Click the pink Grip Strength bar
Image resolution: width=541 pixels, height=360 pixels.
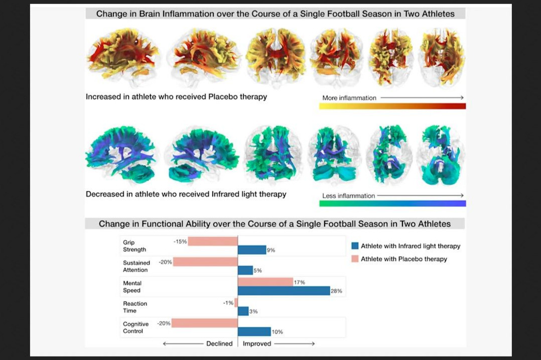pyautogui.click(x=213, y=242)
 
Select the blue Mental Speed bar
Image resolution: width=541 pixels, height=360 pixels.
pyautogui.click(x=284, y=291)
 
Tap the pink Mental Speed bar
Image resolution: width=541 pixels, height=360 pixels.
pyautogui.click(x=265, y=282)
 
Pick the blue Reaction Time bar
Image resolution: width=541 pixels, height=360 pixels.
pyautogui.click(x=243, y=311)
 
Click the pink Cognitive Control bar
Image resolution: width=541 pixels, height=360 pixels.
pyautogui.click(x=205, y=323)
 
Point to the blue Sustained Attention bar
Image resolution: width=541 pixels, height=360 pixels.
pyautogui.click(x=245, y=270)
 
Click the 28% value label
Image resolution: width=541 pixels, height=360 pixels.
pyautogui.click(x=336, y=291)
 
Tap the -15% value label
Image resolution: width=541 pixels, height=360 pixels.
pyautogui.click(x=180, y=242)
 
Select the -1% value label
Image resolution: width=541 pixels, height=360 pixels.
pyautogui.click(x=228, y=303)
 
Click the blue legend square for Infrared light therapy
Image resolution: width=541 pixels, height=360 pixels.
pyautogui.click(x=355, y=246)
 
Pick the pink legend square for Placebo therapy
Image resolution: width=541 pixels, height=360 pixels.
pyautogui.click(x=355, y=259)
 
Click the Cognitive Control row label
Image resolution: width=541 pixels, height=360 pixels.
pyautogui.click(x=136, y=327)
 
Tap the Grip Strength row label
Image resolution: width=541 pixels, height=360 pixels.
pyautogui.click(x=134, y=246)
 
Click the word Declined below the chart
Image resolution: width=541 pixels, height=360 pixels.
pyautogui.click(x=219, y=343)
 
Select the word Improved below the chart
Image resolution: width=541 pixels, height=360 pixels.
pyautogui.click(x=257, y=343)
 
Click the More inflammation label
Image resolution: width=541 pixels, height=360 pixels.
pyautogui.click(x=349, y=98)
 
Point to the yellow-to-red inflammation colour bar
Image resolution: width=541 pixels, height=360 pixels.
pyautogui.click(x=392, y=106)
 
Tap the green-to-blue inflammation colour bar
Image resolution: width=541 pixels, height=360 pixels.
pyautogui.click(x=392, y=204)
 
